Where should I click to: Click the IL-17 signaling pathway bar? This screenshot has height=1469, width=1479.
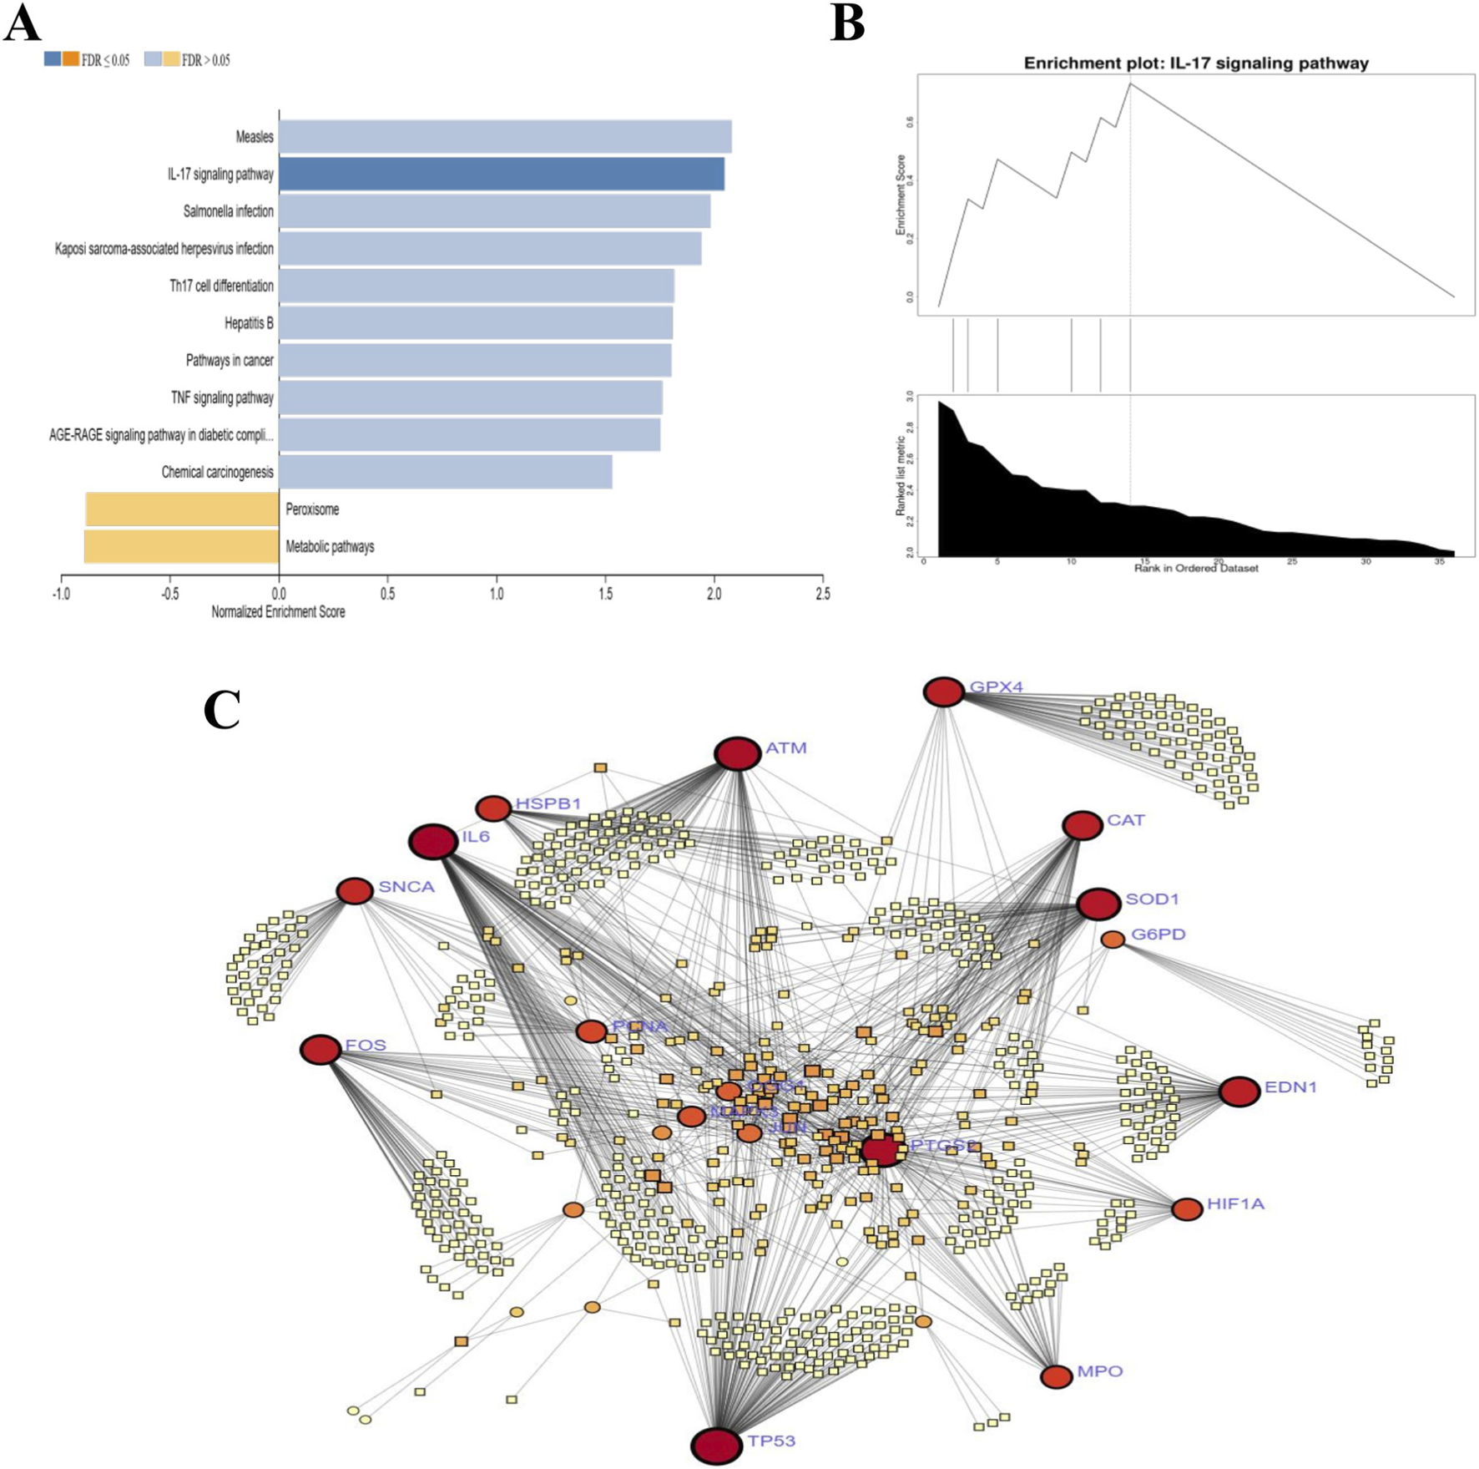coord(501,175)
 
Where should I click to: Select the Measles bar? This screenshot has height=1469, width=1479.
coord(505,137)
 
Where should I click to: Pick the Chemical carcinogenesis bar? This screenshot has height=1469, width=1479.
coord(445,472)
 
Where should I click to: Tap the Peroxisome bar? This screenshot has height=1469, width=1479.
coord(182,509)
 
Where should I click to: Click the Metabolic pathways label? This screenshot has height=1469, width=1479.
coord(330,547)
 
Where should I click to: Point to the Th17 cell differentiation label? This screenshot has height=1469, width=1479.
coord(221,286)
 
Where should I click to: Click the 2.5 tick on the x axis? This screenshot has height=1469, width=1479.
coord(823,594)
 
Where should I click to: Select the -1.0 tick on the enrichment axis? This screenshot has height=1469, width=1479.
coord(61,594)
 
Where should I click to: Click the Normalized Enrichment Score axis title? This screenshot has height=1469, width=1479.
coord(278,612)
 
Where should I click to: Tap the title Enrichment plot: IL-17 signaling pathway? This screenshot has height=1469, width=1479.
coord(1196,63)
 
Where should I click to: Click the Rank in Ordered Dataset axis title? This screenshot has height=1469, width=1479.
coord(1196,569)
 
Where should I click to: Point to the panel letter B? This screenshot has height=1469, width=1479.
coord(847,23)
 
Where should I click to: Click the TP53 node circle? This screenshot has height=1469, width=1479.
coord(717,1445)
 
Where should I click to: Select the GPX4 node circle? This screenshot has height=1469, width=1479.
coord(943,692)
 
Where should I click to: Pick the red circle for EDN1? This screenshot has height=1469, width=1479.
coord(1239,1091)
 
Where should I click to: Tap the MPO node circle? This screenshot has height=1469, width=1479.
coord(1056,1376)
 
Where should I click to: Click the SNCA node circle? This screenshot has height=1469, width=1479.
coord(354,891)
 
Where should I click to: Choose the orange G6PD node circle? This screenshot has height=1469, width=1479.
coord(1113,940)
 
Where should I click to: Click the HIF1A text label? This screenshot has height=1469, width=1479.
coord(1235,1203)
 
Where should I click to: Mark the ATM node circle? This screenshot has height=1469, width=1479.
coord(737,753)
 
